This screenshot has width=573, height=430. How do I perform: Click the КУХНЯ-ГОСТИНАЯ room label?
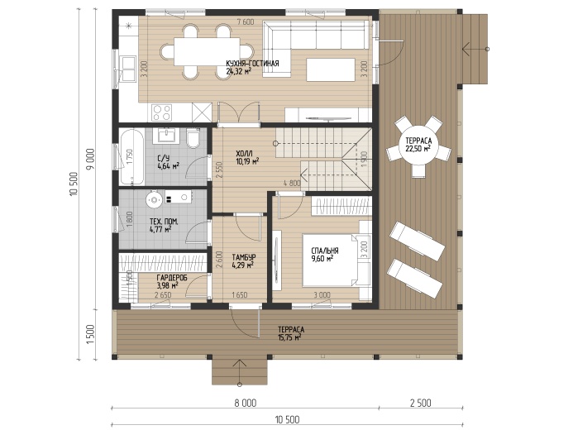252,64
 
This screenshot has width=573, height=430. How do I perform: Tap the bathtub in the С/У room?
131,157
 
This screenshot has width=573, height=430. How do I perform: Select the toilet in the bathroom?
192,138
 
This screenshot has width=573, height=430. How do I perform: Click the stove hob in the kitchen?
161,112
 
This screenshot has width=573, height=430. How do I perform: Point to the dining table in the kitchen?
208,51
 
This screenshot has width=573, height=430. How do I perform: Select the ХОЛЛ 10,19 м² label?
247,157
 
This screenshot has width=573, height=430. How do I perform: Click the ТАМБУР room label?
244,257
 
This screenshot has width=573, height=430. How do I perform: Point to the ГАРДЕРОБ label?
172,278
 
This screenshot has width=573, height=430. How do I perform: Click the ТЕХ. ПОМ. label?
164,222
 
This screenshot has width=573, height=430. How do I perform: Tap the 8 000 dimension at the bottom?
246,403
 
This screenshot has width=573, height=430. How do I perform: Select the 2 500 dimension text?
421,403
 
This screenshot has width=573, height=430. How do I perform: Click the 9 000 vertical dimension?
91,159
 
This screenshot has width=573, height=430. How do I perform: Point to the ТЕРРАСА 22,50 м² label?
418,145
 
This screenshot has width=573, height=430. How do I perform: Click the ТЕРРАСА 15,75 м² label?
291,333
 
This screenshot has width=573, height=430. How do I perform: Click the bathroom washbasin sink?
167,135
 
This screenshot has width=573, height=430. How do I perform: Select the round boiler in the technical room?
155,199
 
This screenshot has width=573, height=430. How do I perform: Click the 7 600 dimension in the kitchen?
246,22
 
